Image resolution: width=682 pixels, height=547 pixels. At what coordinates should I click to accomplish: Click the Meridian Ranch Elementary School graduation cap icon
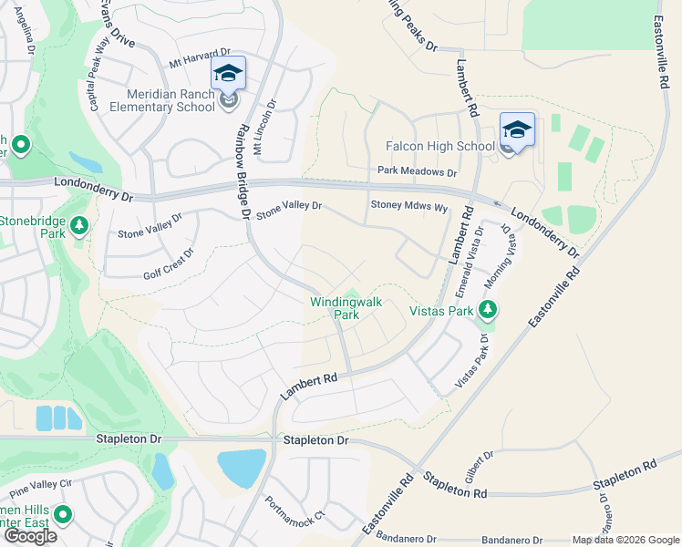coord(228,74)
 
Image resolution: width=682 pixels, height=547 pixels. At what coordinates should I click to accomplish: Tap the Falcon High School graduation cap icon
coord(516,129)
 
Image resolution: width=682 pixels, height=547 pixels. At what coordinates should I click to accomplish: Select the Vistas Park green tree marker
coord(488,310)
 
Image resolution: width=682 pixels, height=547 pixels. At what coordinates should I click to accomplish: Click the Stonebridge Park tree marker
coord(80,223)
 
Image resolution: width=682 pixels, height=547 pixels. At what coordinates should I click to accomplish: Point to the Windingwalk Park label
coord(346,308)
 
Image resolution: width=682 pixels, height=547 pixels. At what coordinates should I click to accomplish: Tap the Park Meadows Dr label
coord(417,171)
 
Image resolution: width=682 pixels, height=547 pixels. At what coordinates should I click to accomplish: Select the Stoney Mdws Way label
coord(408,207)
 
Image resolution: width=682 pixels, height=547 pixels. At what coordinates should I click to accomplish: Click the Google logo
coord(29,536)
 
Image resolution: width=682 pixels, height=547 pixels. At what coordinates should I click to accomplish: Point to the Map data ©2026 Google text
coord(625,540)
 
